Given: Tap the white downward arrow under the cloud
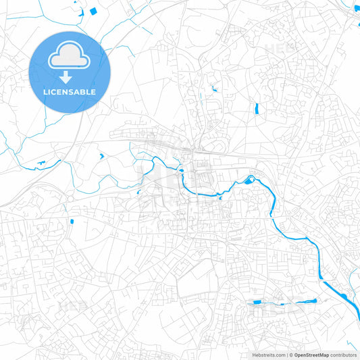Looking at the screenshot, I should (x=66, y=77).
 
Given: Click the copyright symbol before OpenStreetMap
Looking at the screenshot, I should (x=291, y=355).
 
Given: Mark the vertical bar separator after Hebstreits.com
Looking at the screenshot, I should (x=287, y=355).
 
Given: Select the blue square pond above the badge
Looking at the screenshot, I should (x=93, y=11).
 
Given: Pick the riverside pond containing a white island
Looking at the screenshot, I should (x=250, y=180).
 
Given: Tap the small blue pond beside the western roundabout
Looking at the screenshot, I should (x=72, y=221).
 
